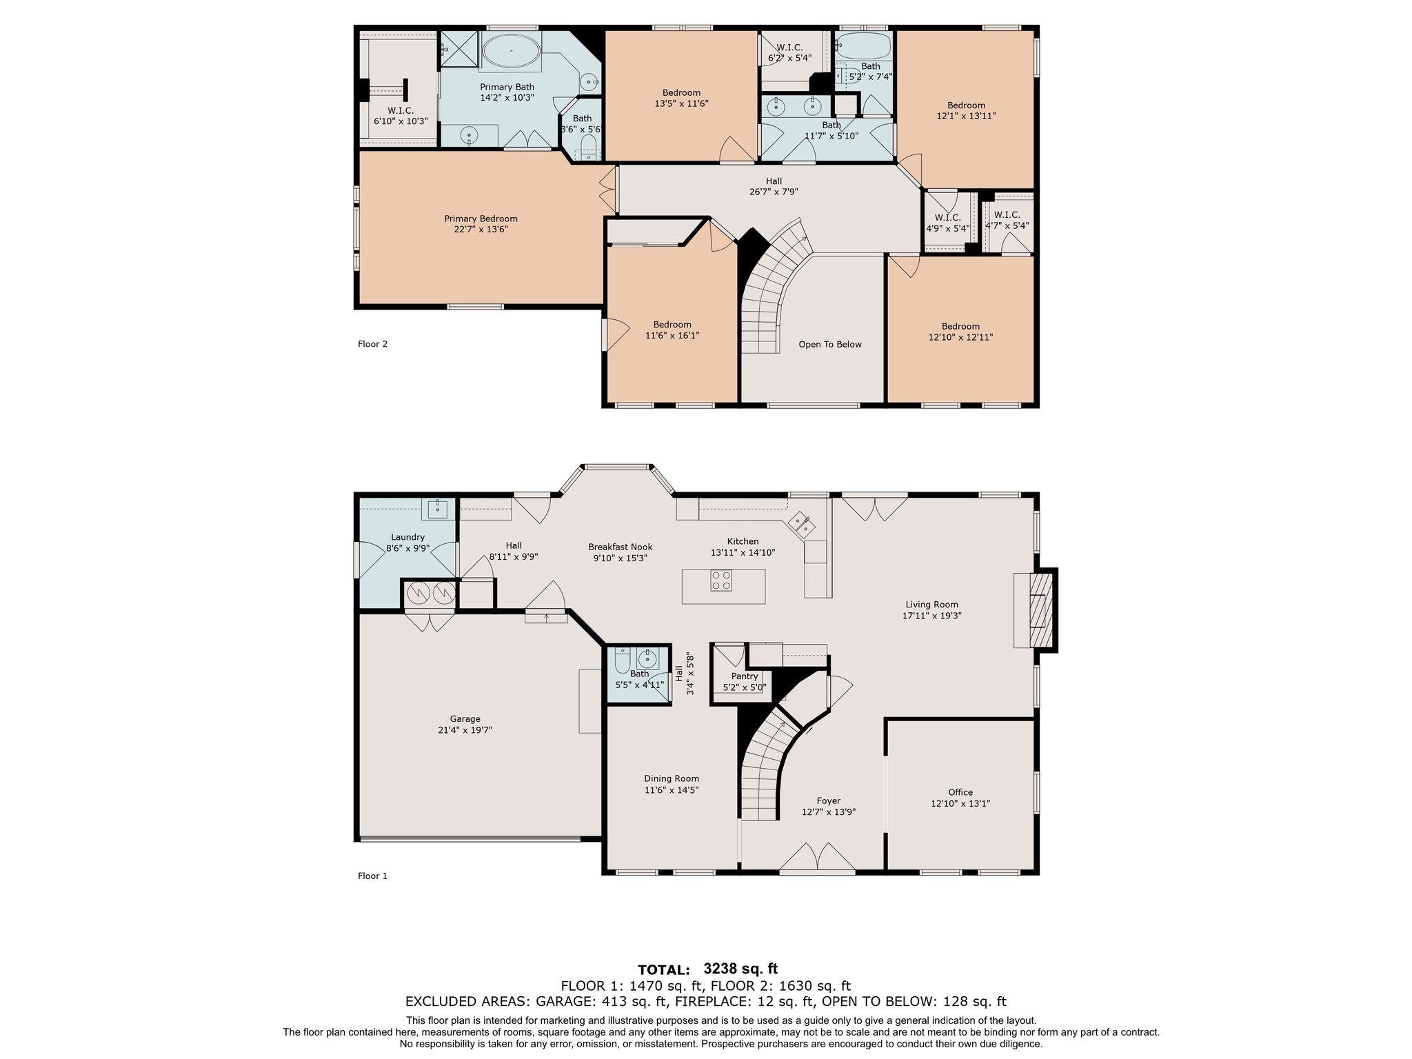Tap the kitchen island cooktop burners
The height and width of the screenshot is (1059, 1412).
(x=721, y=580)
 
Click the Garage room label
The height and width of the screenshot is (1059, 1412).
(x=465, y=718)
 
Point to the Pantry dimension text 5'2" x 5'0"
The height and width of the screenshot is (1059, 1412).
(x=745, y=687)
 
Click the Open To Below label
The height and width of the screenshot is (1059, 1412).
(x=829, y=344)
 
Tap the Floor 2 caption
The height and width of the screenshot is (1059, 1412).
(x=372, y=343)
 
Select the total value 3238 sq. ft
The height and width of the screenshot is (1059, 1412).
(x=740, y=969)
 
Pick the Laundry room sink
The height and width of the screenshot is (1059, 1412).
(x=438, y=509)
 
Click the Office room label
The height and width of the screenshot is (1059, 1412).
(x=960, y=792)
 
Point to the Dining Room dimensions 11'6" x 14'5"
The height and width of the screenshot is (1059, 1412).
(x=672, y=790)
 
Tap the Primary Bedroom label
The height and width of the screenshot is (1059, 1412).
(x=481, y=219)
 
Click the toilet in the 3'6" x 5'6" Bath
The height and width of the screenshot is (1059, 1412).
(x=588, y=145)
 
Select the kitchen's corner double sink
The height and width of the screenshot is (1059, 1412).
(x=801, y=523)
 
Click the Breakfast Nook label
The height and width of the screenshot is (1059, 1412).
(x=620, y=547)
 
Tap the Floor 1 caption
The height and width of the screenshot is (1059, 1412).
(x=372, y=876)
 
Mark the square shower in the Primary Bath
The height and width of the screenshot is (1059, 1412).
(x=458, y=49)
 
